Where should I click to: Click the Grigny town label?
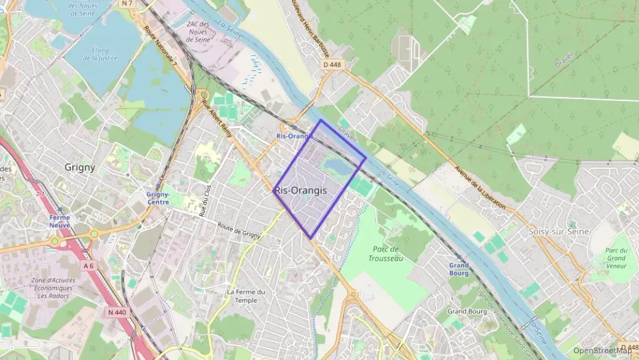point(79,167)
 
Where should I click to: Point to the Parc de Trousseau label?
point(386,253)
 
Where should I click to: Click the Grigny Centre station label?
point(158,198)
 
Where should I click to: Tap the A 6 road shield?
point(87,265)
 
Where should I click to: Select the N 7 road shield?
point(126,3)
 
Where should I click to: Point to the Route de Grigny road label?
point(239,231)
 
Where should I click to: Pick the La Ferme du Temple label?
point(246,296)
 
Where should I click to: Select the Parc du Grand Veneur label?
point(616,258)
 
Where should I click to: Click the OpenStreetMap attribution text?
point(603,350)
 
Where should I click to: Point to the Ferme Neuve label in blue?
point(59,221)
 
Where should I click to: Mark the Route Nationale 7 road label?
point(161,47)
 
